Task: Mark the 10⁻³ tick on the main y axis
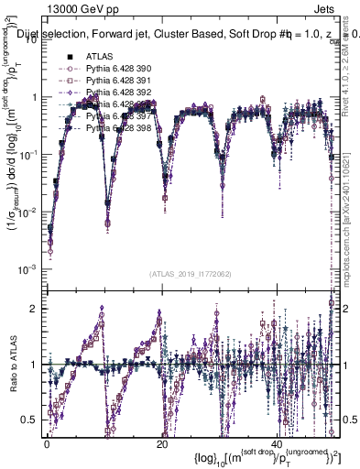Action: pyautogui.click(x=30, y=268)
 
